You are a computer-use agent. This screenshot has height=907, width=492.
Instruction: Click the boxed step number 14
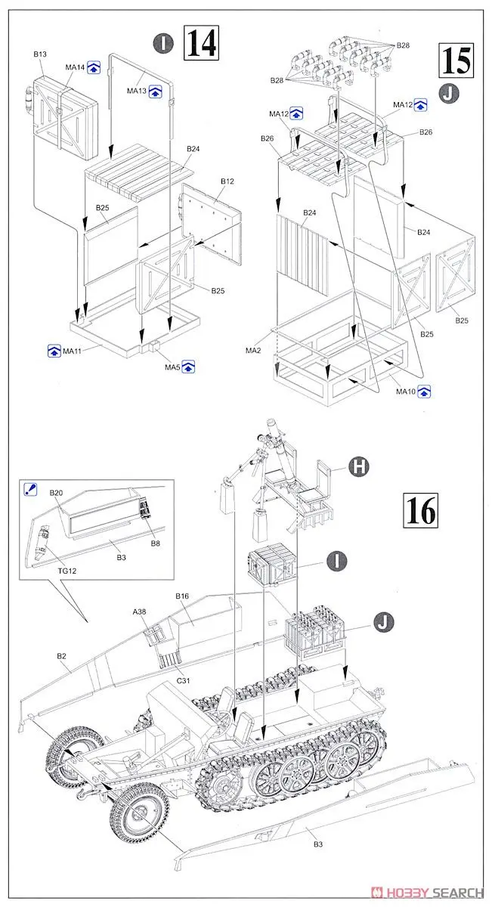click(201, 44)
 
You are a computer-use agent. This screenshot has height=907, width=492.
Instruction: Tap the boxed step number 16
click(421, 511)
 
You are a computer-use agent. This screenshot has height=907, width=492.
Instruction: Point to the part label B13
click(40, 54)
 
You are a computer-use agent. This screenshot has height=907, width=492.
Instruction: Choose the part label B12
click(228, 182)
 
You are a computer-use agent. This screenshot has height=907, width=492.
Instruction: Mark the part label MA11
click(72, 351)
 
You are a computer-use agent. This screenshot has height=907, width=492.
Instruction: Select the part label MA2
click(253, 351)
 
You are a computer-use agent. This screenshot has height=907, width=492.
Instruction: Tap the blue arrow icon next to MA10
click(424, 391)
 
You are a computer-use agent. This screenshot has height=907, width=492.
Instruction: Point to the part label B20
click(56, 493)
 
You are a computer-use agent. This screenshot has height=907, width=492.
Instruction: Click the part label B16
click(181, 596)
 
